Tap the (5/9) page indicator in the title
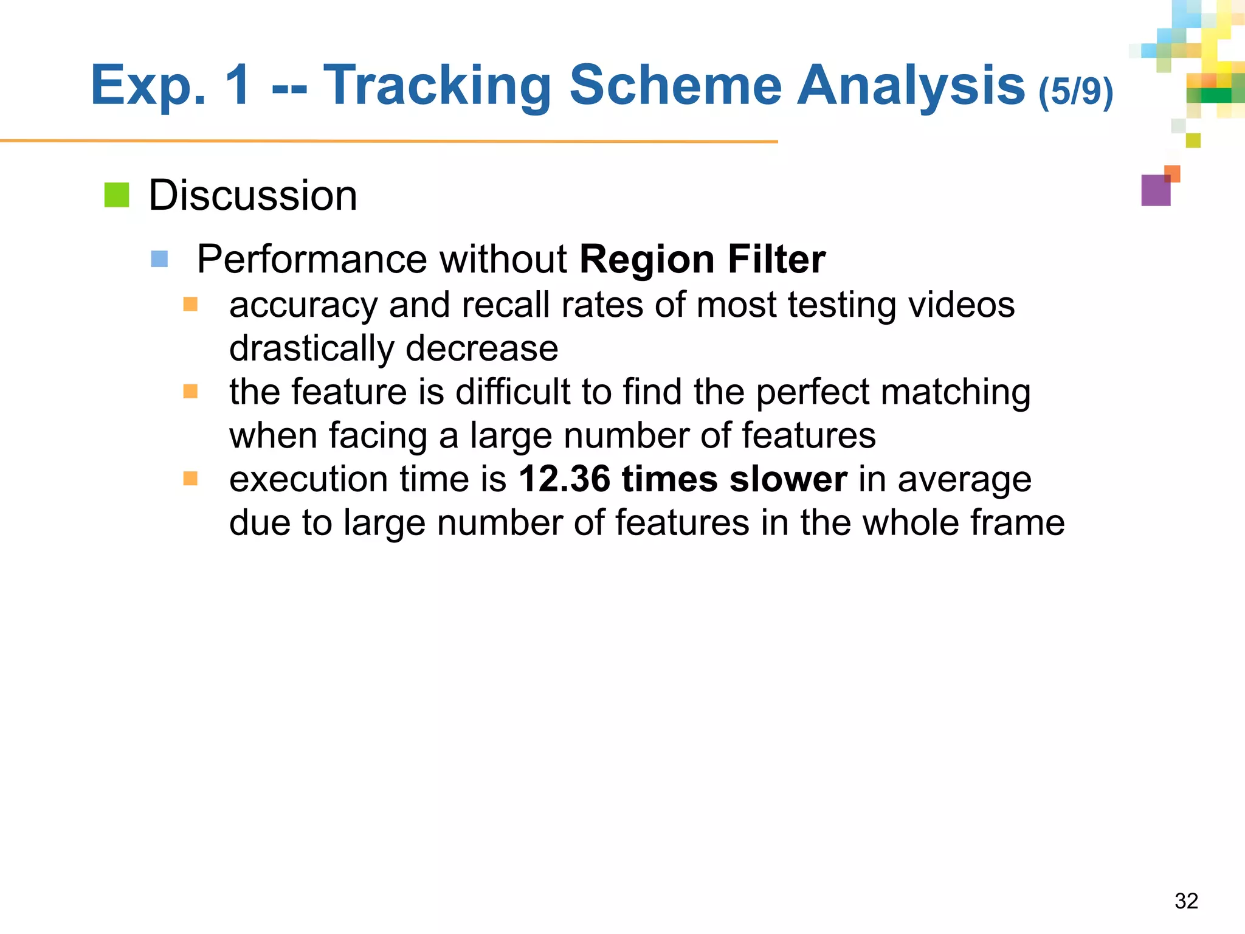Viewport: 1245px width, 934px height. point(1075,92)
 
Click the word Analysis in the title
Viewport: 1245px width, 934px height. point(910,86)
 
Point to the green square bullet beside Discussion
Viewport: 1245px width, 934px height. point(117,195)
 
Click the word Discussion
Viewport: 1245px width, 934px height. point(253,196)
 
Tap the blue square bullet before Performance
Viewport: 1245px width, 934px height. point(159,259)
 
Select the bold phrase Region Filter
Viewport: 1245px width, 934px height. point(702,260)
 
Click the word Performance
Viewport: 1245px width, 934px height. point(312,260)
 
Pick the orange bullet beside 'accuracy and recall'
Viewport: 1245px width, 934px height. point(190,304)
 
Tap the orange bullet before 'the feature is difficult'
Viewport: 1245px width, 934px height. point(190,391)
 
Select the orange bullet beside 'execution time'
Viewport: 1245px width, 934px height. point(190,479)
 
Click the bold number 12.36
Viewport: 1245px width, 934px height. point(564,479)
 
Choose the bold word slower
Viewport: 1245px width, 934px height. point(788,479)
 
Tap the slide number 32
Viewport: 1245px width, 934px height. point(1186,901)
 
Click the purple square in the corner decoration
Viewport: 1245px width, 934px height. point(1155,191)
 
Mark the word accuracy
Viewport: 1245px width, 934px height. point(303,305)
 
